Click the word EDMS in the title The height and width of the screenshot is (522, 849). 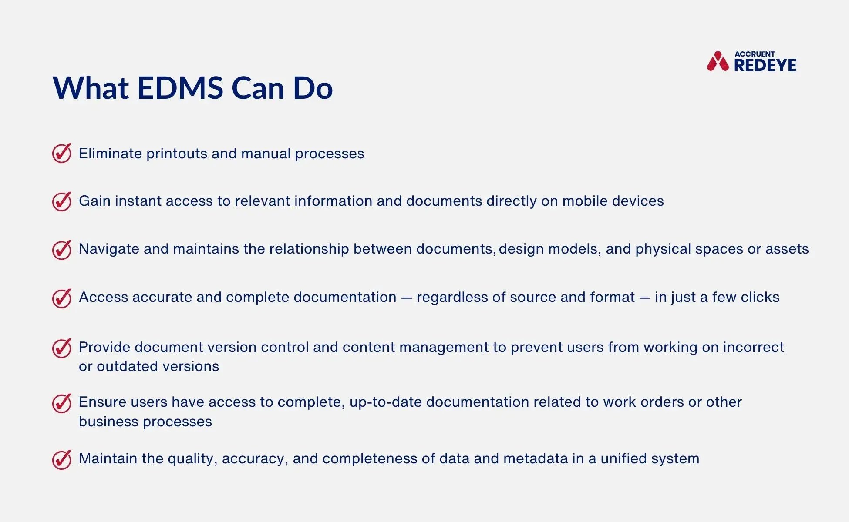click(180, 88)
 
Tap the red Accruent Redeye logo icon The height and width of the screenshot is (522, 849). click(718, 62)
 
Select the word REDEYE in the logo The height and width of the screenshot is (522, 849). click(765, 65)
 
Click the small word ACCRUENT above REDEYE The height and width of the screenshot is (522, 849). click(755, 54)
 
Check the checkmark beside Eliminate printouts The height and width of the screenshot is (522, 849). click(62, 153)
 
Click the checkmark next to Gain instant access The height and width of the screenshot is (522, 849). click(62, 201)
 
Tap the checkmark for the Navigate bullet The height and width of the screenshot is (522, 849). click(62, 250)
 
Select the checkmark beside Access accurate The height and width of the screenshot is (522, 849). click(62, 298)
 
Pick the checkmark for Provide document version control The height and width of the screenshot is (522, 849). click(62, 348)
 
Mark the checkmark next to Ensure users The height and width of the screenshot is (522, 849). click(62, 403)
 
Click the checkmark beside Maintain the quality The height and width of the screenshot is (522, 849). click(62, 459)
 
